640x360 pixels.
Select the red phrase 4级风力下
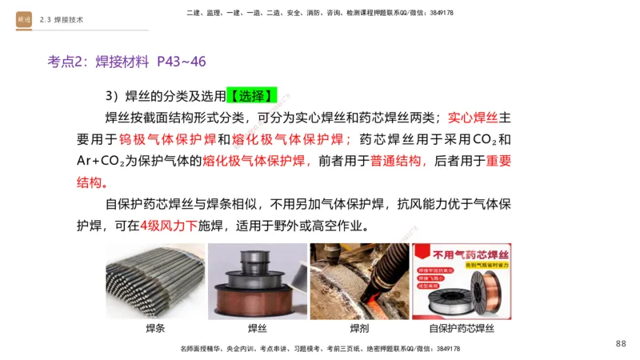[x=168, y=225]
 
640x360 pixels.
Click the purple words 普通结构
[x=396, y=161]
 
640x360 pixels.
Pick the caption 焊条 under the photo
[x=155, y=329]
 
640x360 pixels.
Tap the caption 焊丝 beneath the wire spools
[x=257, y=329]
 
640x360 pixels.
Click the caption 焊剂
[x=359, y=329]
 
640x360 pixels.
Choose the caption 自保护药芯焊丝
[x=462, y=329]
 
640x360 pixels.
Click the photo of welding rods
[x=155, y=281]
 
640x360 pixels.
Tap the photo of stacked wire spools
[x=257, y=281]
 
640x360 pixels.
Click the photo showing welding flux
[x=359, y=281]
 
